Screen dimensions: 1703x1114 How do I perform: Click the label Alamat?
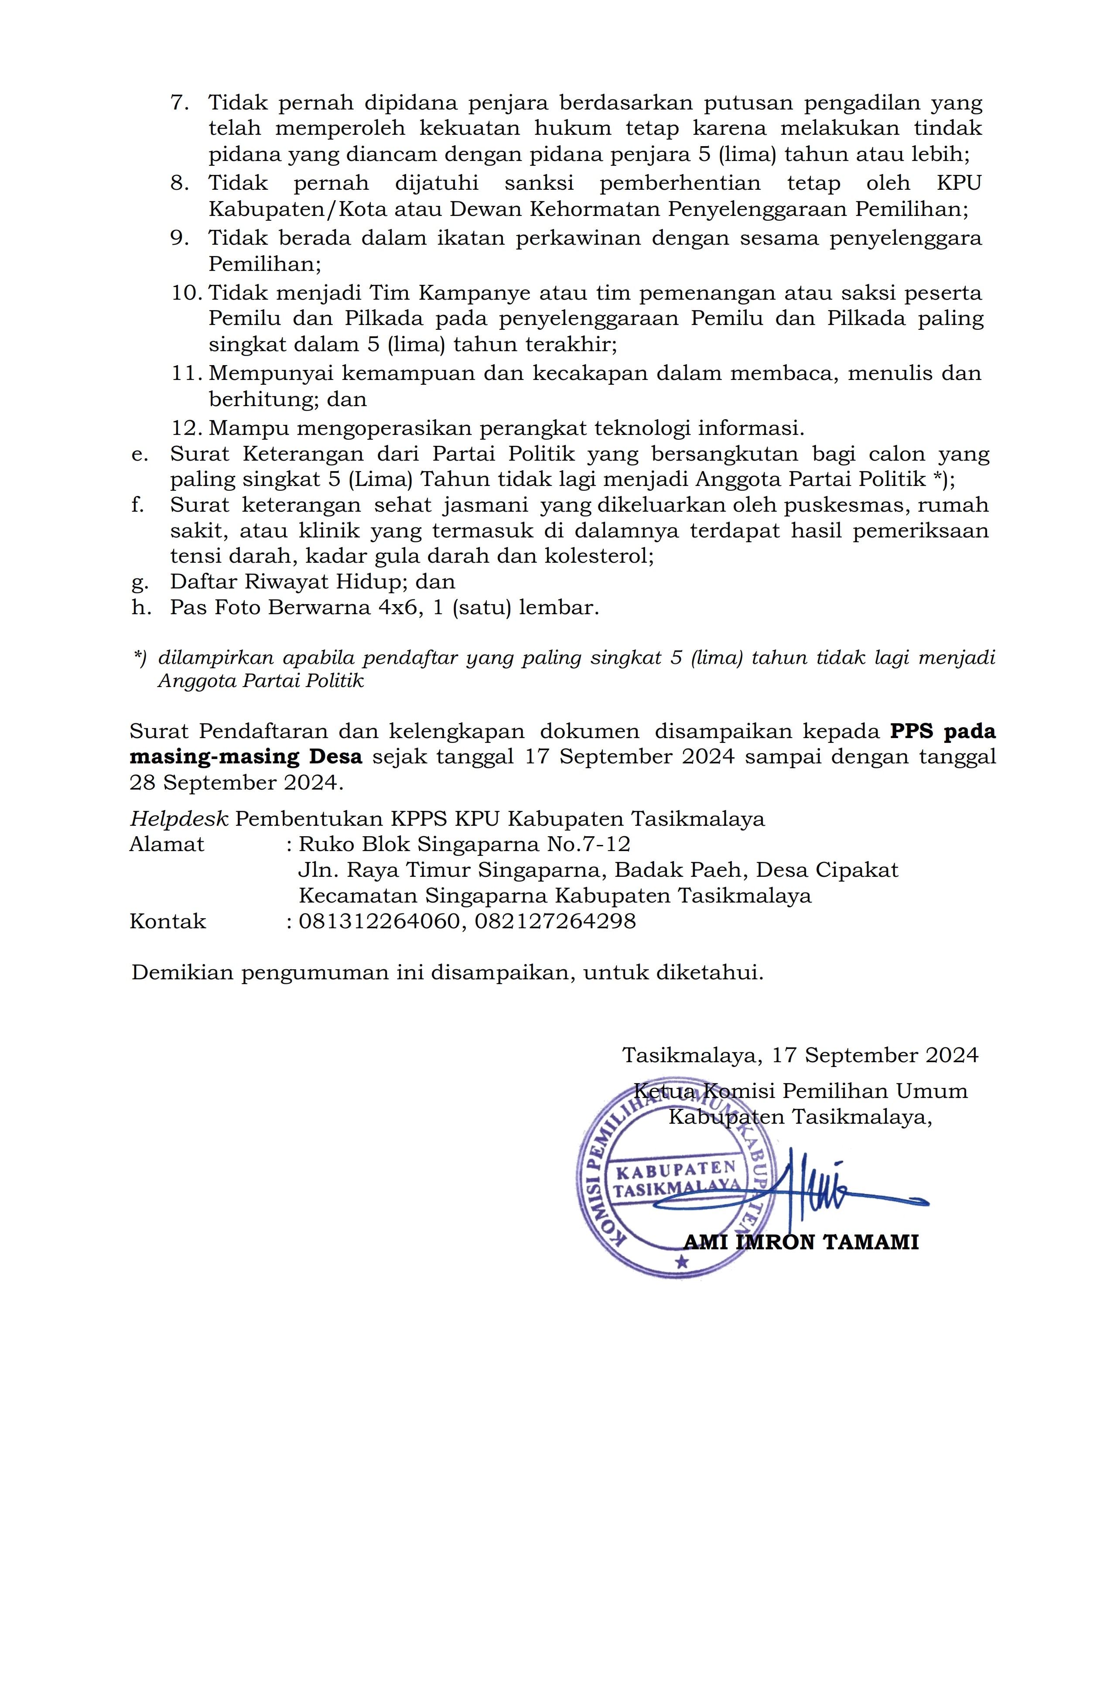pyautogui.click(x=167, y=845)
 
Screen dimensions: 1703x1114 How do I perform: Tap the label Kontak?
pyautogui.click(x=167, y=922)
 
